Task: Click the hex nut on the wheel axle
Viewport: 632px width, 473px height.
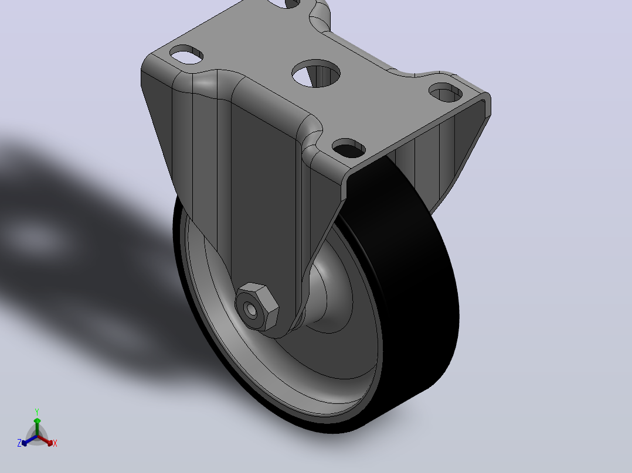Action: (257, 307)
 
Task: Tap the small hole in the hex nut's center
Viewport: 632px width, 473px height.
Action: (252, 310)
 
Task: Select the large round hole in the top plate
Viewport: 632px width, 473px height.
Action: (316, 73)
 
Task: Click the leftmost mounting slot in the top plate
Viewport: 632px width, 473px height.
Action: (186, 54)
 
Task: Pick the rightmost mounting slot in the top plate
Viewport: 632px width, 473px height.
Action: (446, 92)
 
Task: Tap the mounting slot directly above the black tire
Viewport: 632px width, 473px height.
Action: (349, 148)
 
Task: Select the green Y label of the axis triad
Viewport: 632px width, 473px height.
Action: (37, 412)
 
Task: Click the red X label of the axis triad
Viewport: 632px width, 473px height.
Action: (55, 443)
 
